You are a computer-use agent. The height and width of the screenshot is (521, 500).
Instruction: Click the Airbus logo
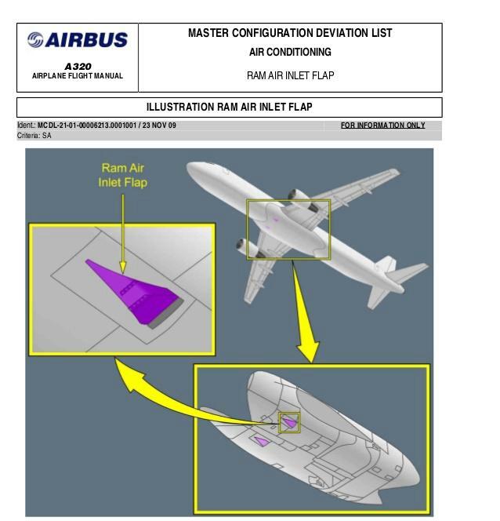click(x=77, y=40)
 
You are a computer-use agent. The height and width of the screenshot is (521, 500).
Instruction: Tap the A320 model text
click(x=78, y=67)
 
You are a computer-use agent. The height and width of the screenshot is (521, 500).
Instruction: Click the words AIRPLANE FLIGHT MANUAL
click(x=77, y=76)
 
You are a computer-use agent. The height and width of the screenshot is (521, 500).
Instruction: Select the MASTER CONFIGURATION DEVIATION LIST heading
click(x=290, y=34)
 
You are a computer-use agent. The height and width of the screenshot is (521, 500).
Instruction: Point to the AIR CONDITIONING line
click(x=290, y=53)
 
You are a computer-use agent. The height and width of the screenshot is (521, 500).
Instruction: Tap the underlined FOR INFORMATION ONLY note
click(x=382, y=126)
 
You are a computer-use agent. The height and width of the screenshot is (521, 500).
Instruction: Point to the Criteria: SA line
click(x=34, y=136)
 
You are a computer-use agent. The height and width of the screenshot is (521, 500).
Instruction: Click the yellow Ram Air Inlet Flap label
click(x=122, y=175)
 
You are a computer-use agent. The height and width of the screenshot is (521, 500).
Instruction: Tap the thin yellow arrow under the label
click(x=122, y=231)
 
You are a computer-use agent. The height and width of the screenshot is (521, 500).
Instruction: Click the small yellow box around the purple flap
click(x=290, y=424)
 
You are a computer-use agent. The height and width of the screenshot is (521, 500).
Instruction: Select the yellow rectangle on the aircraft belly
click(x=288, y=229)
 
